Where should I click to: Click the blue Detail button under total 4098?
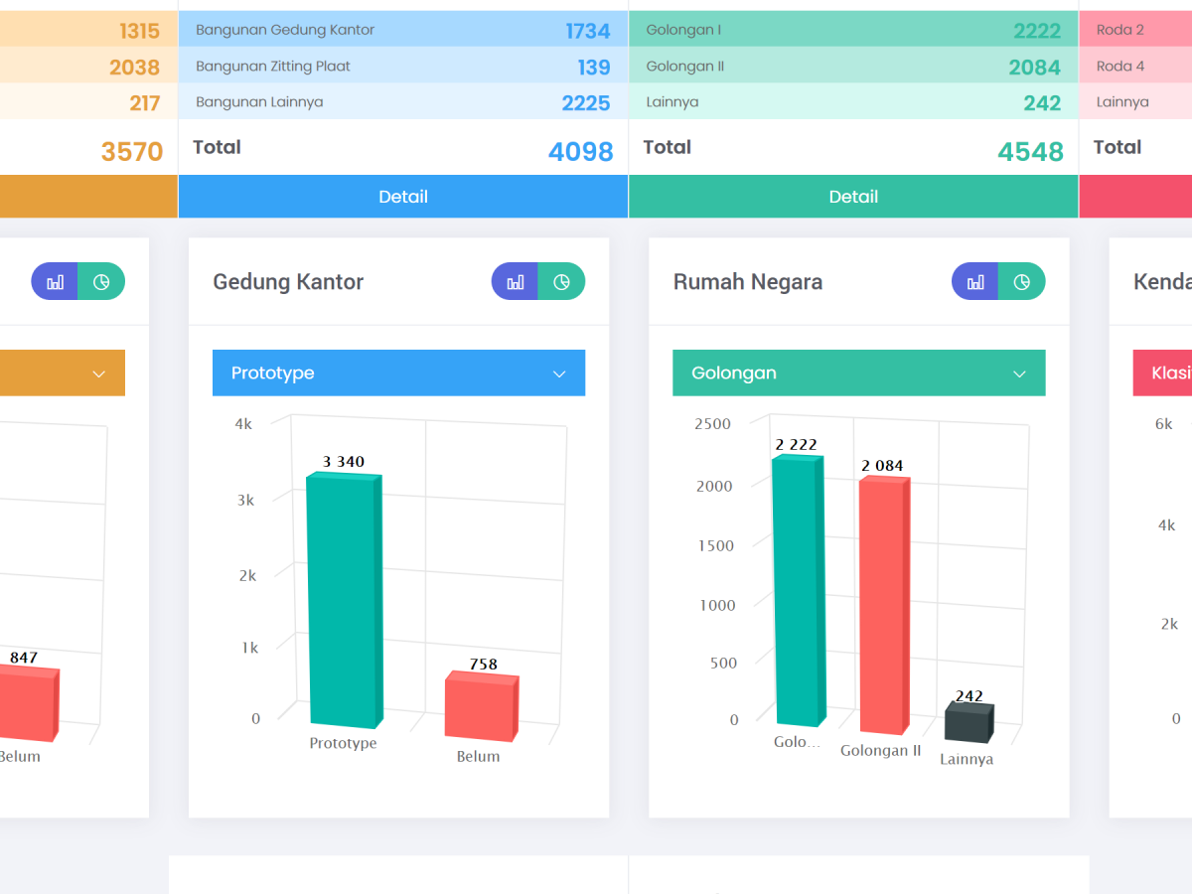pos(403,197)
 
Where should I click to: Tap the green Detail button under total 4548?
pos(853,197)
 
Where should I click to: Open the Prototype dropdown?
pos(398,372)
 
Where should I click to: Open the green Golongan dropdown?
pos(858,372)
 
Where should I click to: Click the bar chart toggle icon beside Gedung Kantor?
pos(515,282)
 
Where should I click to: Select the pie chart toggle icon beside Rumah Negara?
pos(1021,282)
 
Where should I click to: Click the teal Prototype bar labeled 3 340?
pos(345,600)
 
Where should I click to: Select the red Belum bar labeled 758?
pos(482,705)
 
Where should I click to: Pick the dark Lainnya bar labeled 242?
pos(969,721)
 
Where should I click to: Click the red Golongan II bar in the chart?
pos(884,605)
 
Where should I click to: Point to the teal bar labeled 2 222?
pos(799,590)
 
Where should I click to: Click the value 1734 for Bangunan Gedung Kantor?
pos(588,31)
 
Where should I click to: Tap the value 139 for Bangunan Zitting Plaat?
pos(594,68)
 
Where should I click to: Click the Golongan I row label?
pos(683,30)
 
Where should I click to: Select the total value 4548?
pos(1030,151)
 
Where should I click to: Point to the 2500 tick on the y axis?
pos(712,424)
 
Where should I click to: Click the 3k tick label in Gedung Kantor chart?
pos(245,500)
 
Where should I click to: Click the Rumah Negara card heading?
pos(748,282)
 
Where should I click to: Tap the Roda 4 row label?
pos(1119,67)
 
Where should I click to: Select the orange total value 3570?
pos(132,151)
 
